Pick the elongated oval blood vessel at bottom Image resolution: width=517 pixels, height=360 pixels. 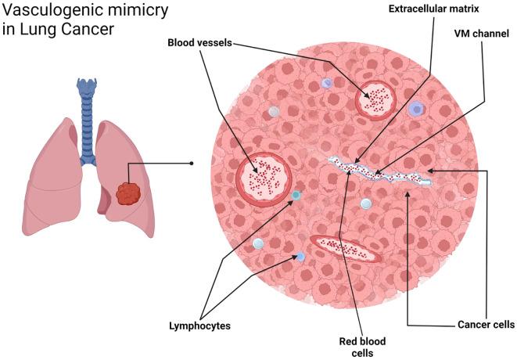[346, 248]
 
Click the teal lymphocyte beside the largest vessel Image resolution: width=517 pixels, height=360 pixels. [297, 196]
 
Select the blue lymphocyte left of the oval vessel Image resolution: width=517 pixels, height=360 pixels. [300, 257]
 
